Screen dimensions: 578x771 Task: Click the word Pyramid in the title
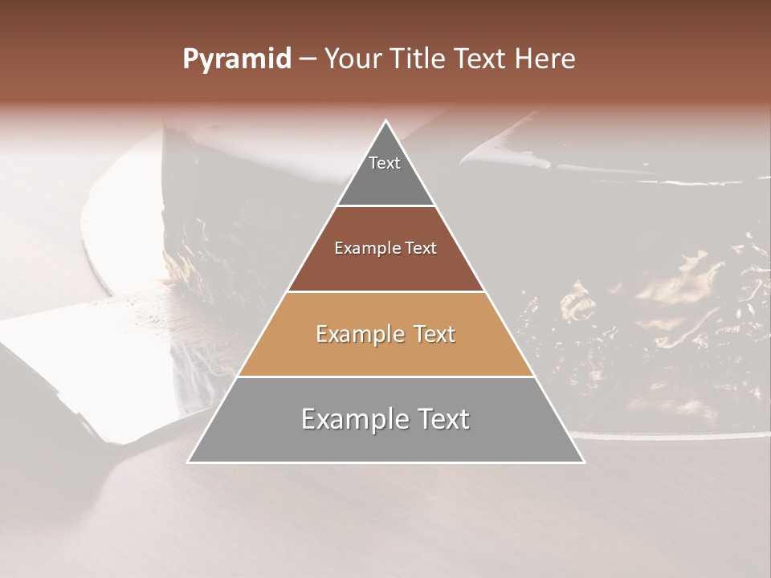236,59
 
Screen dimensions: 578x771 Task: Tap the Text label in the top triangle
385,163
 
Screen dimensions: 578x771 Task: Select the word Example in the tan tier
358,334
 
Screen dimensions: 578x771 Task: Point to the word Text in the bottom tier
440,419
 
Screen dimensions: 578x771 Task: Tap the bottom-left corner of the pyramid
189,462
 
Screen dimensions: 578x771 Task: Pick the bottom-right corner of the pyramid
583,462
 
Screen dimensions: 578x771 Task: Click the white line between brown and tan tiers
385,291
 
